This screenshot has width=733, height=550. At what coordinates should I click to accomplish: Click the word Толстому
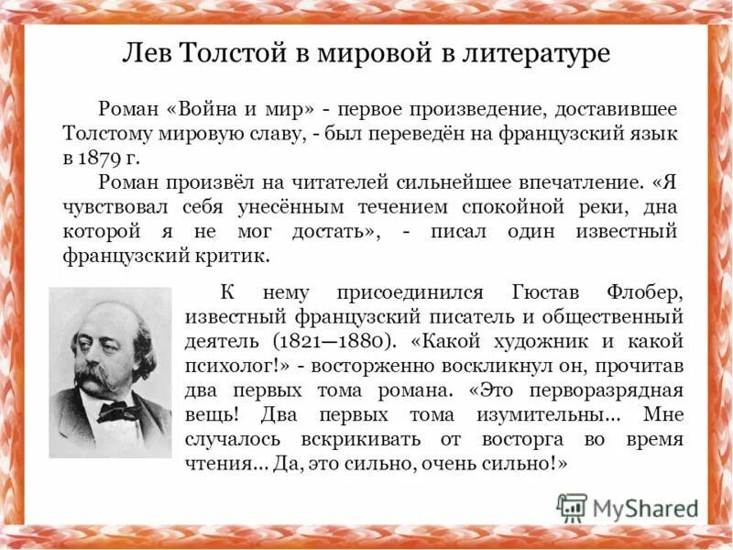point(111,135)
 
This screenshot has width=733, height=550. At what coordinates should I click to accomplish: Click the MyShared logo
point(628,508)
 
